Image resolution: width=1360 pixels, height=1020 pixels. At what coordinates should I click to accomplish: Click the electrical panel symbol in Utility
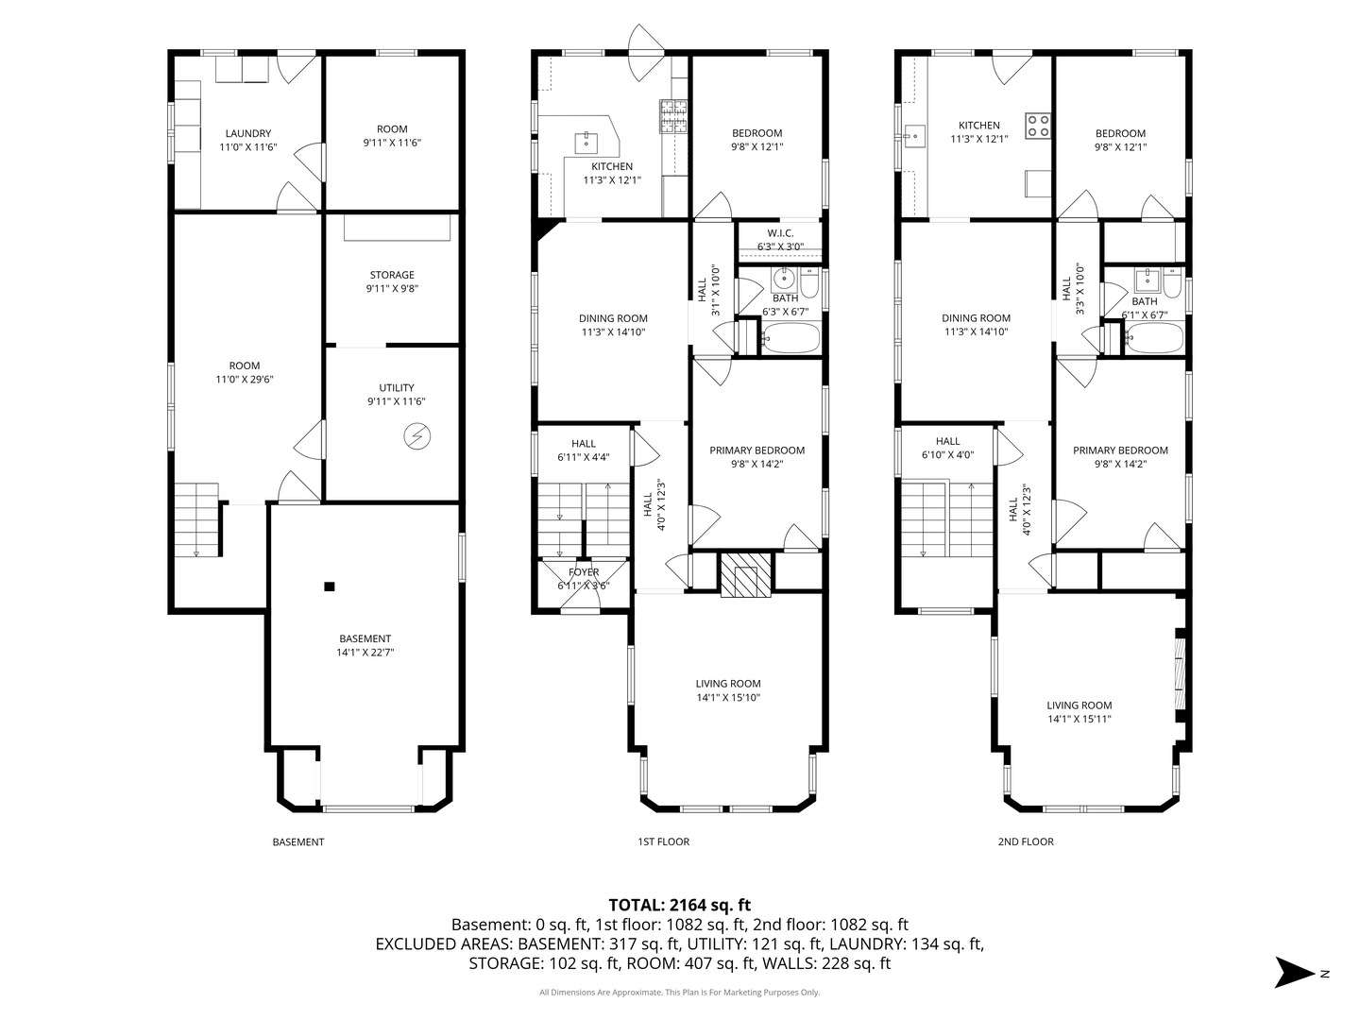[x=416, y=436]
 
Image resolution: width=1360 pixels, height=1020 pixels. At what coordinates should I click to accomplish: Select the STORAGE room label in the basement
[x=392, y=275]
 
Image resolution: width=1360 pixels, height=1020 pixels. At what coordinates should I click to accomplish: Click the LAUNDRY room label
[x=247, y=133]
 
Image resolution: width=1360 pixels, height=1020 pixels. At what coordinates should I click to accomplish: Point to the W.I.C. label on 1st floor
[x=780, y=233]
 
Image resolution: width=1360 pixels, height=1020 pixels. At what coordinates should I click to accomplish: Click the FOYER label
[x=584, y=572]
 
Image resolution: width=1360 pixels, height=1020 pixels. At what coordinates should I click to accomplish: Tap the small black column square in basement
[x=330, y=586]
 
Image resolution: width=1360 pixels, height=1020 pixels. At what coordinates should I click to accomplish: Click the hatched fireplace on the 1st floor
[x=746, y=574]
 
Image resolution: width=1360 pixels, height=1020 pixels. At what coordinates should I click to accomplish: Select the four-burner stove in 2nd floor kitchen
[x=1037, y=125]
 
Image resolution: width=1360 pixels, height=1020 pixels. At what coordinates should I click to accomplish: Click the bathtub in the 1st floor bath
[x=790, y=338]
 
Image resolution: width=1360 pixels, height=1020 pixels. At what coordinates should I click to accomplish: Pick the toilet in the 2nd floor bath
[x=1172, y=282]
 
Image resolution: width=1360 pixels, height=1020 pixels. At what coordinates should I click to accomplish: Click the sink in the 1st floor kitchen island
[x=586, y=143]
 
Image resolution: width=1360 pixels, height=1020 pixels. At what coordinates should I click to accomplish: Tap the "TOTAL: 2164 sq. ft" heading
[x=680, y=905]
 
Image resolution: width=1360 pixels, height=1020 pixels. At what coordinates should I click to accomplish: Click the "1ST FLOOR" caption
[x=664, y=841]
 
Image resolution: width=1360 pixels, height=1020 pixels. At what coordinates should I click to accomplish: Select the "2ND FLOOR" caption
[x=1026, y=841]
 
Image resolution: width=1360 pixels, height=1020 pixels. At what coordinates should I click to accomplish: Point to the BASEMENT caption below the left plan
[x=298, y=842]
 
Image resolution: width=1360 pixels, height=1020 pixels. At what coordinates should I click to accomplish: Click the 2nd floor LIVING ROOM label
[x=1079, y=705]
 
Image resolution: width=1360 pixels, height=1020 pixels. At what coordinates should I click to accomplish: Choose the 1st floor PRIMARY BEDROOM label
[x=756, y=450]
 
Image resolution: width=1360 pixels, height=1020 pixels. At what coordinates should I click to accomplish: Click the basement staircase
[x=196, y=520]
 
